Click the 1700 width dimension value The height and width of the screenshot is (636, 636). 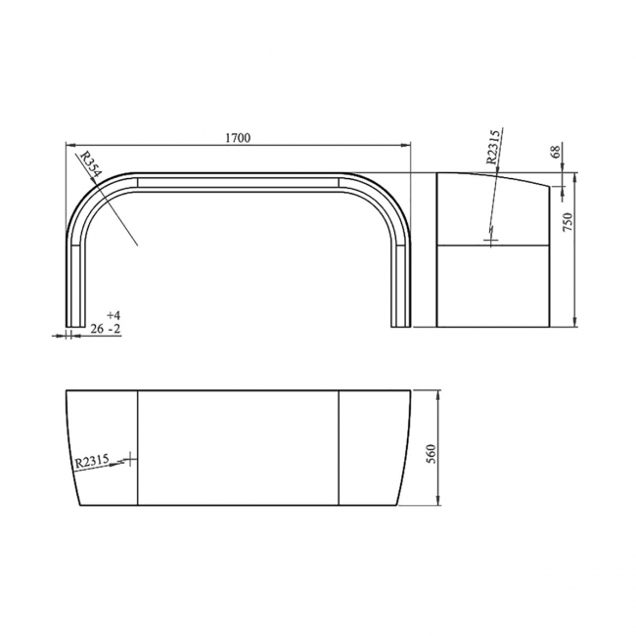[x=238, y=138]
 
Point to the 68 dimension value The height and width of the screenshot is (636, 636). [x=555, y=152]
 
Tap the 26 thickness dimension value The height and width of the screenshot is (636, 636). [x=97, y=330]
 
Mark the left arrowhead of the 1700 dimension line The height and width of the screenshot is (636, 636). [x=68, y=147]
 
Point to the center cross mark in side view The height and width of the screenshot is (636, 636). [x=490, y=238]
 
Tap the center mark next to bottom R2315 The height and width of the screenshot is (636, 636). [x=130, y=460]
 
